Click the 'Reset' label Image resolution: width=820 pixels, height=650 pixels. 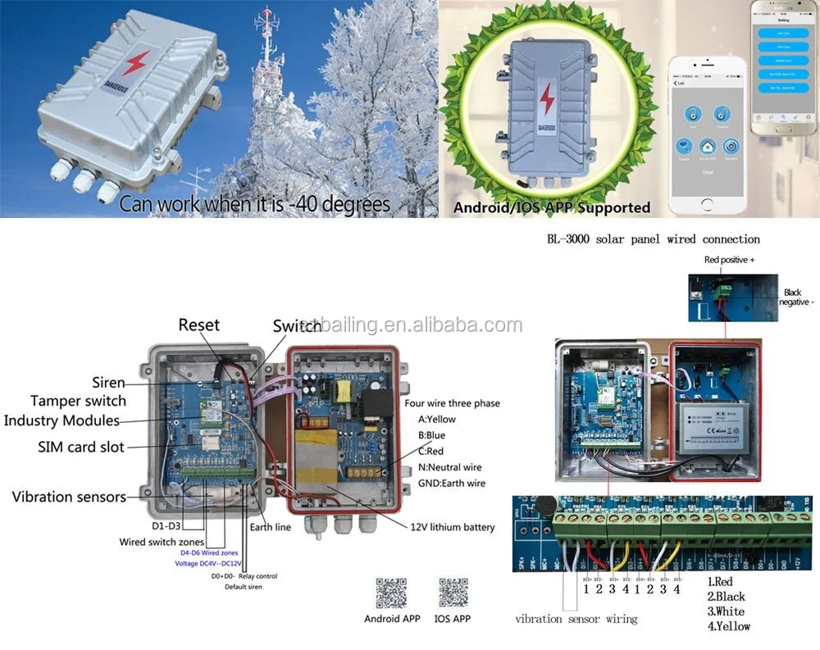199,325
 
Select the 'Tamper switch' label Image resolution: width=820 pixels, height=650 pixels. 79,401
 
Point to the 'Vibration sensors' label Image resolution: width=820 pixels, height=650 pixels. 69,497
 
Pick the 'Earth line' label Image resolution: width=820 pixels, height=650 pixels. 271,527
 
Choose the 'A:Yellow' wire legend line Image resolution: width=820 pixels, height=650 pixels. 437,420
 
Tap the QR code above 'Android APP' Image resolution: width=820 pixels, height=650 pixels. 391,593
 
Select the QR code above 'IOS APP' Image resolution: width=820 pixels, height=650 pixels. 453,593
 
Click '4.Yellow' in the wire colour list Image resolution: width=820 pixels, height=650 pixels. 728,626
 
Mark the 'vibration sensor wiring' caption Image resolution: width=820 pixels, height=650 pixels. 576,619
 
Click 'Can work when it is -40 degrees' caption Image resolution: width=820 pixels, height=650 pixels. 254,203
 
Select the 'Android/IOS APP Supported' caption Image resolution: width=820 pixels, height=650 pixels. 552,207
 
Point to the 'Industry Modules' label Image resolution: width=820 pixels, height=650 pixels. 61,420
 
